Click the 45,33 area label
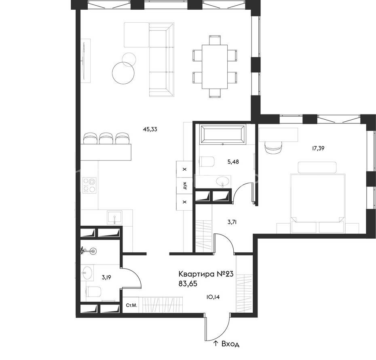[x=150, y=129]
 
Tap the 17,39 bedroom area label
[x=318, y=148]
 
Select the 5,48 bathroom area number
[x=233, y=162]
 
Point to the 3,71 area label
[x=232, y=222]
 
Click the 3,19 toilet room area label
[x=106, y=277]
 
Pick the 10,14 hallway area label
[x=213, y=297]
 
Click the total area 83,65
[x=188, y=284]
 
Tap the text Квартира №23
[x=206, y=274]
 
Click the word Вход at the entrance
[x=230, y=344]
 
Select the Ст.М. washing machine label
[x=132, y=305]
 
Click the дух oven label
[x=184, y=185]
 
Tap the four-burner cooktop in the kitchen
[x=89, y=185]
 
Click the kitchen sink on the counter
[x=115, y=218]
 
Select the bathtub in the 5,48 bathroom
[x=223, y=135]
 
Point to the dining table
[x=215, y=67]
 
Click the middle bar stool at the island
[x=106, y=138]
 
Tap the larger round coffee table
[x=123, y=73]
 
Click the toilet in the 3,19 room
[x=94, y=291]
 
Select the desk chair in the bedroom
[x=273, y=147]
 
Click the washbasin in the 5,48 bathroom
[x=223, y=182]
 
